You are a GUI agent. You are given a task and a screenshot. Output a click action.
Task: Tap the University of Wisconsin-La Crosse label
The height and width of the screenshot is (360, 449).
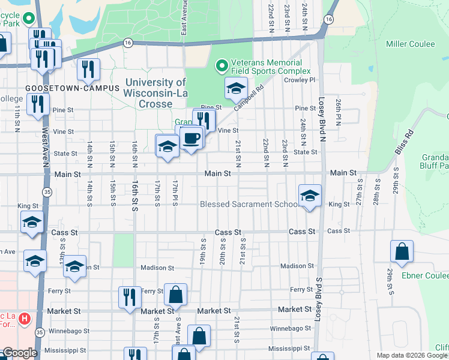(x=155, y=92)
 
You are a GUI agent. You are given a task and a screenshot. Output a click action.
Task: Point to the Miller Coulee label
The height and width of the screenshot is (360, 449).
(x=410, y=44)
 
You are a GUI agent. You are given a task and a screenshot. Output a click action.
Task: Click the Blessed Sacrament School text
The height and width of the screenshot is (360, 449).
(x=249, y=205)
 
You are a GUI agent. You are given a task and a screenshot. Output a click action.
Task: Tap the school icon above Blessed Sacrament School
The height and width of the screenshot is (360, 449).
(x=310, y=196)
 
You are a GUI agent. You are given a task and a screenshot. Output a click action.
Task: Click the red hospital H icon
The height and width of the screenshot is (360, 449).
(x=24, y=317)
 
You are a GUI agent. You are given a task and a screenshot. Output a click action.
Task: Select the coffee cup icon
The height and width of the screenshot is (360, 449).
(x=191, y=138)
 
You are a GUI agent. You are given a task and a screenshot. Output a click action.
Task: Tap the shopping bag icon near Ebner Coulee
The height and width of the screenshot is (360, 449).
(x=401, y=252)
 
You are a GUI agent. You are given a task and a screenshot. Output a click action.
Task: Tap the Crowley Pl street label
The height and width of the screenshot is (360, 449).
(x=300, y=80)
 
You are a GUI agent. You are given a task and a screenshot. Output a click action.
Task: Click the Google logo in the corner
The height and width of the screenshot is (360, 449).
(x=20, y=353)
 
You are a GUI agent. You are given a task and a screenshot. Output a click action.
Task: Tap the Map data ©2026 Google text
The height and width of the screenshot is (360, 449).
(x=412, y=355)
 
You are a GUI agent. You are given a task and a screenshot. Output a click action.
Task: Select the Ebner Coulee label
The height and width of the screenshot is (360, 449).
(x=425, y=275)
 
